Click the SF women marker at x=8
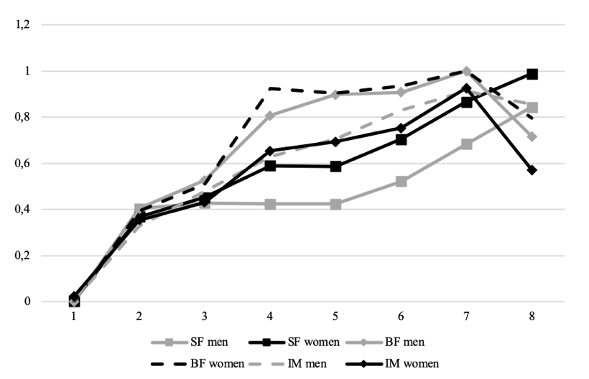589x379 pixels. [x=532, y=74]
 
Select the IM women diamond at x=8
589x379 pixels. [x=532, y=170]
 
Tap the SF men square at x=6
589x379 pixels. [x=402, y=182]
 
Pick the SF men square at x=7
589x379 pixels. [x=467, y=144]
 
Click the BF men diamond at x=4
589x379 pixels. [x=270, y=116]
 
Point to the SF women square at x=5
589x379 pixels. [x=336, y=167]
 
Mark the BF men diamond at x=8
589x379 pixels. [x=532, y=136]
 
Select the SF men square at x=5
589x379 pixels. [x=336, y=204]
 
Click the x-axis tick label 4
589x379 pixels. [x=270, y=316]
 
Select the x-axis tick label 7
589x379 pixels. [x=467, y=316]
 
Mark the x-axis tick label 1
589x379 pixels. [x=73, y=316]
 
